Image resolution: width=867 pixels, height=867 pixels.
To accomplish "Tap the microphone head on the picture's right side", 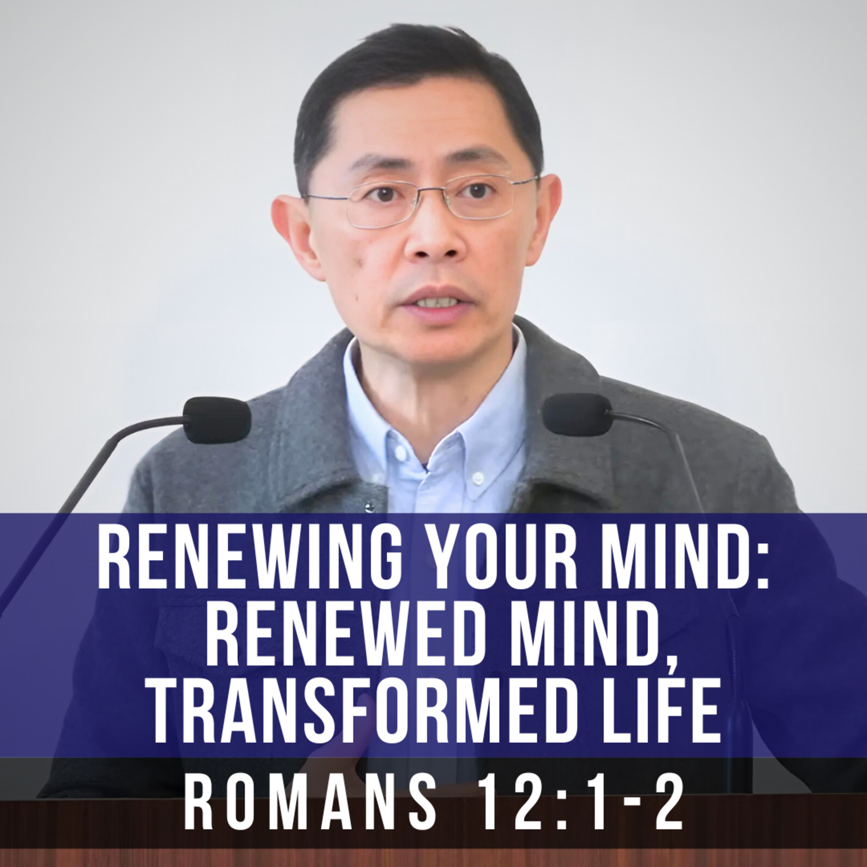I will [577, 414].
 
